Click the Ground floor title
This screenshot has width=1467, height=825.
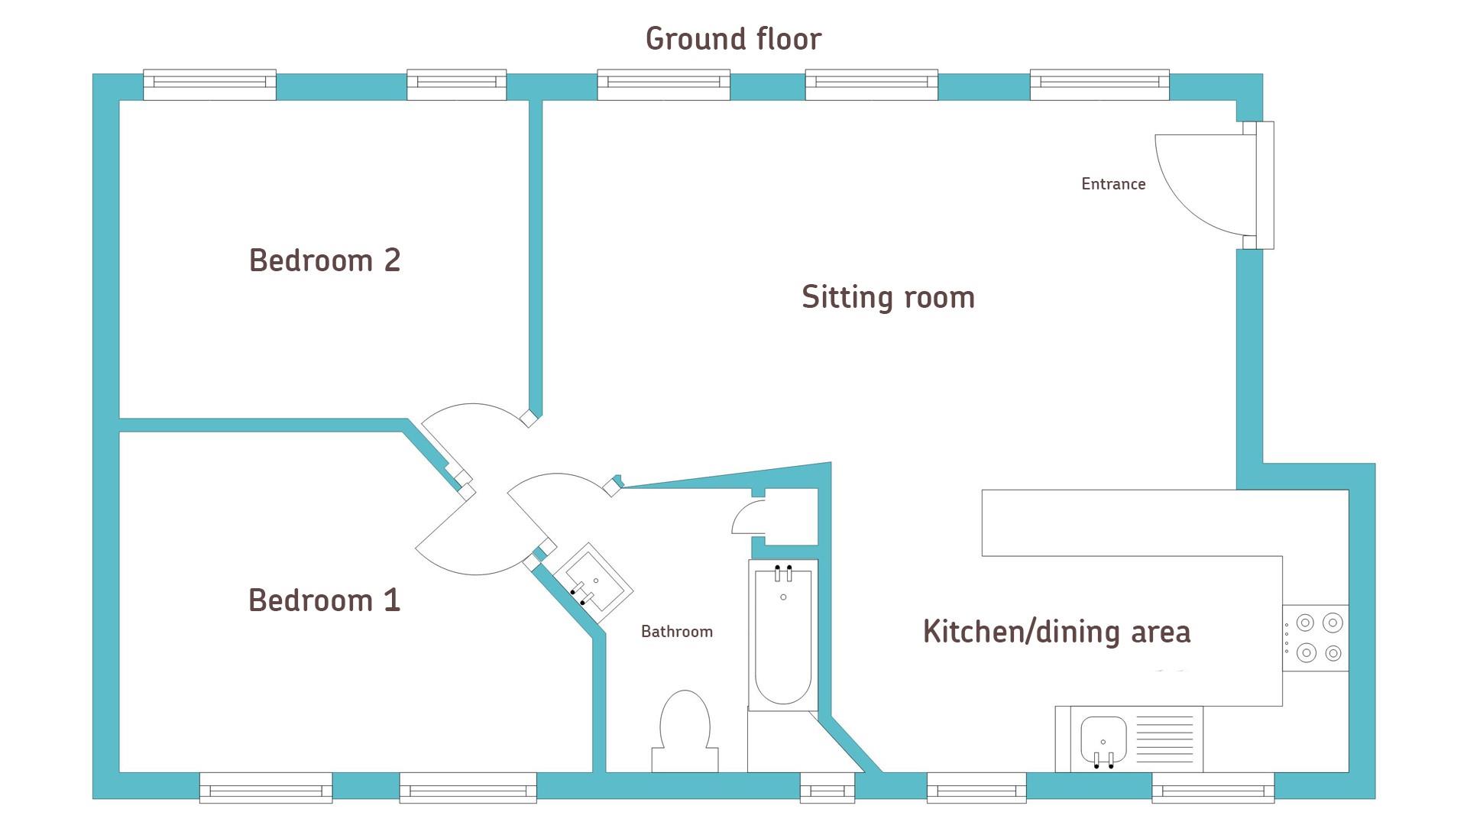[x=733, y=39]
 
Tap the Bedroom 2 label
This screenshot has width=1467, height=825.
[x=325, y=260]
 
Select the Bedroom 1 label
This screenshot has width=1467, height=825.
[x=325, y=600]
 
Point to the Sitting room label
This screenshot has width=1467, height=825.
[x=888, y=296]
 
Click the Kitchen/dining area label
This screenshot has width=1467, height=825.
[x=1057, y=632]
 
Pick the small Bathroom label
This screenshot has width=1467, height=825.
[x=677, y=632]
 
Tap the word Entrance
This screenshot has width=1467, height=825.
[x=1113, y=184]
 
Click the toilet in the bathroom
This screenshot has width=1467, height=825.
[x=685, y=732]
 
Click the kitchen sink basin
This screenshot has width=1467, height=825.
[x=1103, y=739]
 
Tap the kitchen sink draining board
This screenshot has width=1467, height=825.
[x=1164, y=739]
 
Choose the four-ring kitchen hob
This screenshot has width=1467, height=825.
[x=1316, y=639]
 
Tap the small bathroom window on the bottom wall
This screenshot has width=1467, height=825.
[x=827, y=788]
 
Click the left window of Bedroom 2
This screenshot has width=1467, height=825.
[x=210, y=85]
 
